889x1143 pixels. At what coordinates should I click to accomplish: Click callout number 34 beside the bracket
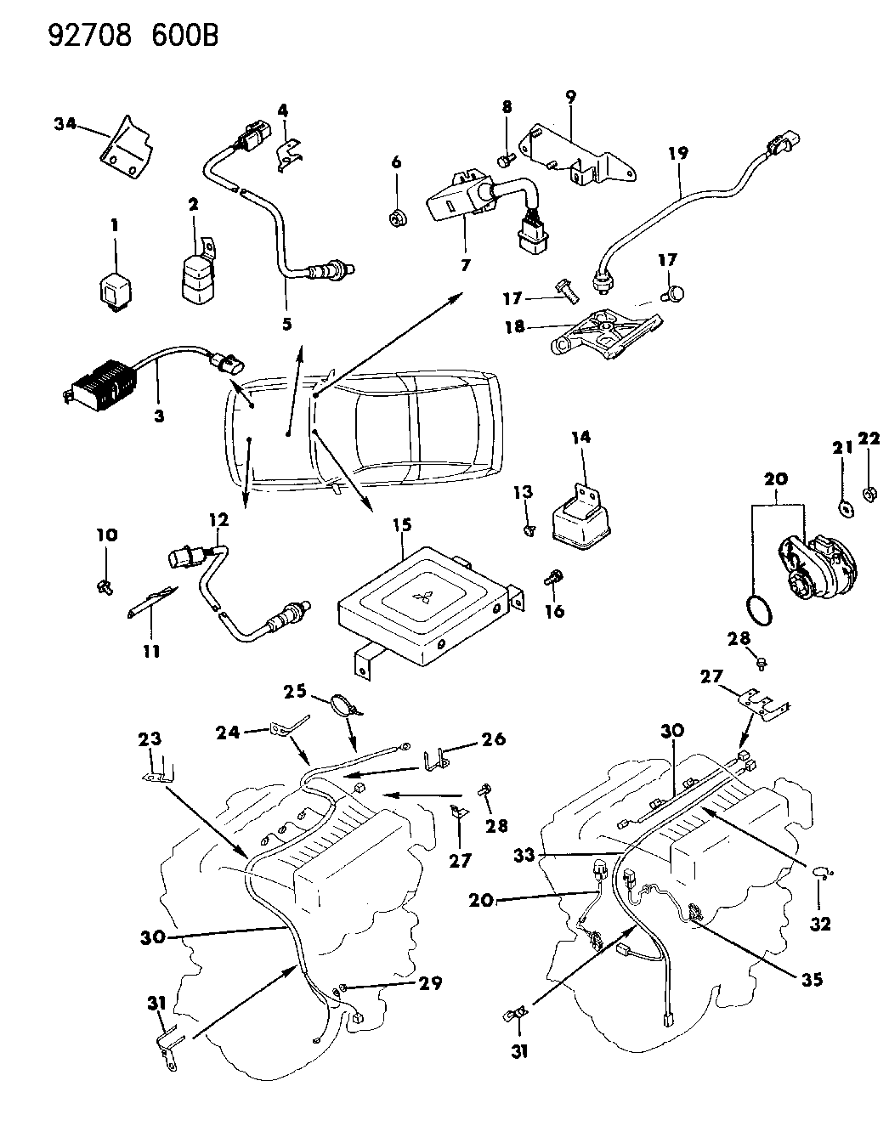[x=64, y=125]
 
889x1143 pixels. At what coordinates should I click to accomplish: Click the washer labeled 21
[x=847, y=508]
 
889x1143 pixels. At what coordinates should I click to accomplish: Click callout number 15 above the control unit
[x=401, y=524]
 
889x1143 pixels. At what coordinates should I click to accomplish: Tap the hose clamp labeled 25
[x=345, y=704]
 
